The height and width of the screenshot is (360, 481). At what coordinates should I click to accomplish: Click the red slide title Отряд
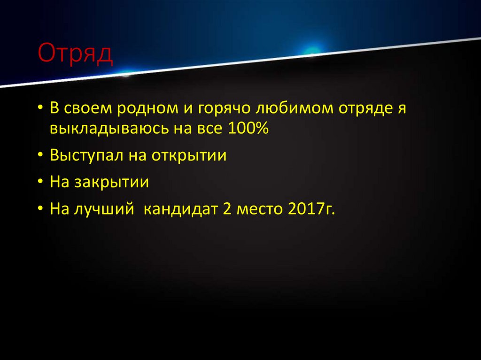coord(75,53)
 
